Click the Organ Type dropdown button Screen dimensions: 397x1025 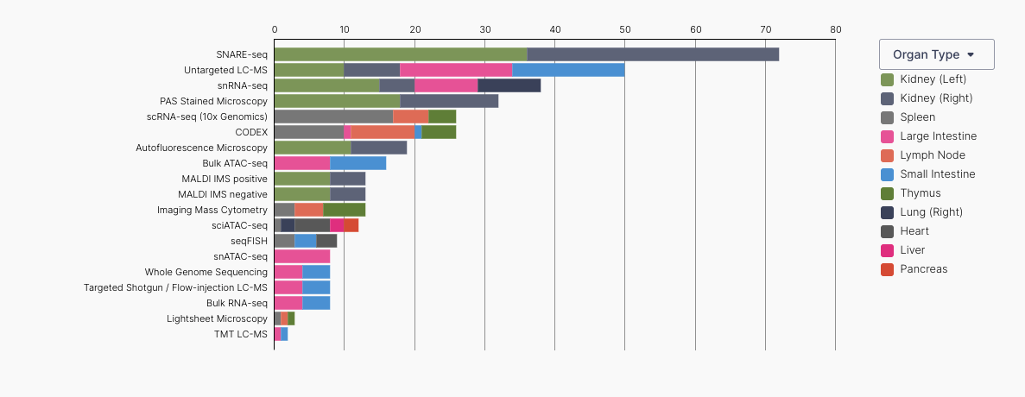tap(936, 54)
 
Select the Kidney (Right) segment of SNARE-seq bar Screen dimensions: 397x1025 tap(653, 54)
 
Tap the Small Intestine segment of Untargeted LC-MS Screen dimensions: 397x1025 tap(568, 70)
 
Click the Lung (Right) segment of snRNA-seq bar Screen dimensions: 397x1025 tap(509, 85)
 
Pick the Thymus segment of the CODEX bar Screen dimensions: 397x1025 tap(439, 132)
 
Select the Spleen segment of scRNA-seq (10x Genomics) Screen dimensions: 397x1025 tap(333, 117)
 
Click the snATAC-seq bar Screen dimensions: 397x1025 tap(302, 256)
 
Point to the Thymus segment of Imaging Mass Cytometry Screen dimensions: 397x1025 tap(345, 210)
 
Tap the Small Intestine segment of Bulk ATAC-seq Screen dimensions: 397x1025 tap(358, 163)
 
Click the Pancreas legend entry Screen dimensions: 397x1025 tap(923, 269)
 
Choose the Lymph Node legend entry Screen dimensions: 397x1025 tap(932, 155)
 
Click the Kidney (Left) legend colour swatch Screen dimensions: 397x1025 tap(887, 79)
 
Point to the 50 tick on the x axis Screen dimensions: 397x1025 tap(624, 29)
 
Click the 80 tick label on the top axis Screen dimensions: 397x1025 tap(835, 29)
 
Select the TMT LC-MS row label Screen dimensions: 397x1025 tap(241, 334)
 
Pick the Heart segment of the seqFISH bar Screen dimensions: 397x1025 tap(326, 241)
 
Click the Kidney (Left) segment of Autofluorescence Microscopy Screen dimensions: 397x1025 tap(313, 148)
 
